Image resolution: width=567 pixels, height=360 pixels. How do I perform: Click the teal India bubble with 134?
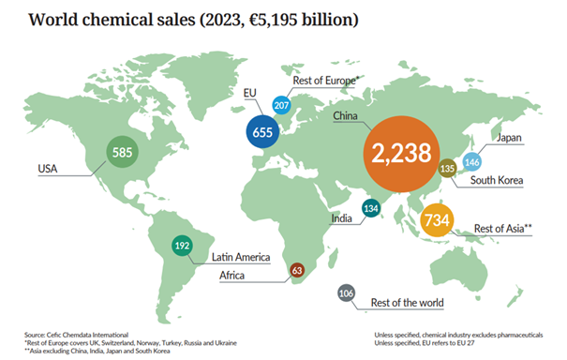coord(372,210)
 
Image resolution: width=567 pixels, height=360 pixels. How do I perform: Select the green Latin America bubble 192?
coord(182,247)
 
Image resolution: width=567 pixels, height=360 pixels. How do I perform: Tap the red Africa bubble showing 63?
coord(298,270)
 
